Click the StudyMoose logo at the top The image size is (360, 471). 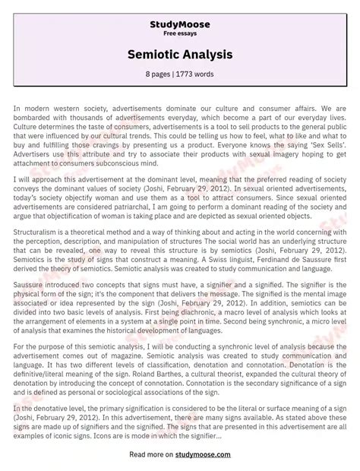[180, 24]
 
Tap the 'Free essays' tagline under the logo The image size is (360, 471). [180, 34]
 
